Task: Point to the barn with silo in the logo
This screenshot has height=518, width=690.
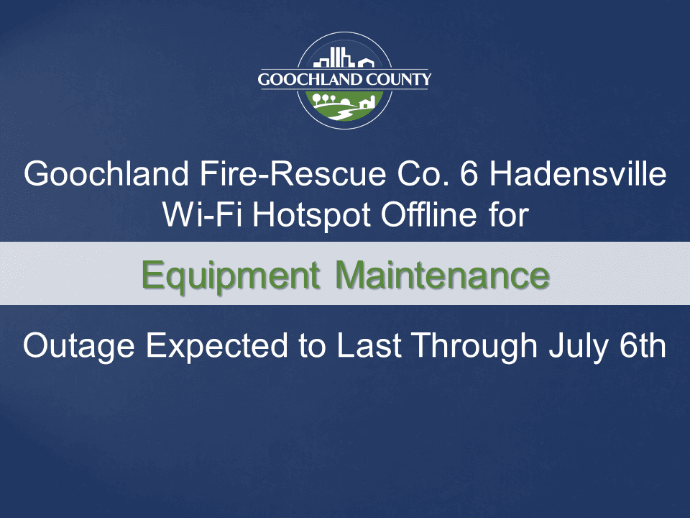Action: (366, 102)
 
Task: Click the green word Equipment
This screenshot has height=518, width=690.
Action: (230, 275)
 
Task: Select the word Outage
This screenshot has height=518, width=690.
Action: (78, 347)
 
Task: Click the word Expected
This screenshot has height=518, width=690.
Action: (219, 347)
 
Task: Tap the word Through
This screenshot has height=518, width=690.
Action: (466, 347)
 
